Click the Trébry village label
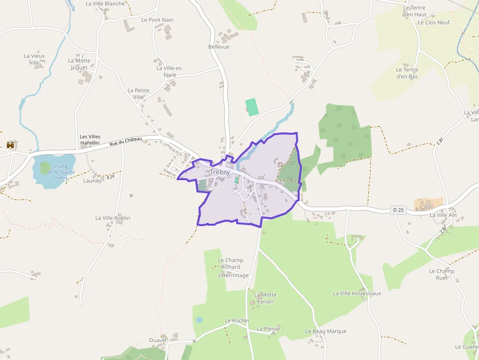pyautogui.click(x=220, y=172)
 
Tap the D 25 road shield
pyautogui.click(x=398, y=210)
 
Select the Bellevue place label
pyautogui.click(x=218, y=47)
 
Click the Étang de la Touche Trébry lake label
pyautogui.click(x=61, y=172)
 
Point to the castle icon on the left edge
pyautogui.click(x=10, y=145)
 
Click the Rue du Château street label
pyautogui.click(x=125, y=142)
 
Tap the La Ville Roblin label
pyautogui.click(x=112, y=218)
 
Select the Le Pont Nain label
pyautogui.click(x=157, y=20)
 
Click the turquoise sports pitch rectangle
pyautogui.click(x=252, y=107)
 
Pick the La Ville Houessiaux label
pyautogui.click(x=357, y=293)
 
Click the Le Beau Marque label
pyautogui.click(x=326, y=331)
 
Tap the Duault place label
pyautogui.click(x=158, y=340)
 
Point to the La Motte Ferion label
pyautogui.click(x=265, y=298)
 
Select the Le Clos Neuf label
pyautogui.click(x=434, y=22)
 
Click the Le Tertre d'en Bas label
pyautogui.click(x=407, y=73)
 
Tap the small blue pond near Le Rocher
pyautogui.click(x=199, y=320)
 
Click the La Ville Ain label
pyautogui.click(x=443, y=215)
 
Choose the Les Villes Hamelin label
pyautogui.click(x=89, y=139)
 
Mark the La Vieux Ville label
pyautogui.click(x=34, y=59)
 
